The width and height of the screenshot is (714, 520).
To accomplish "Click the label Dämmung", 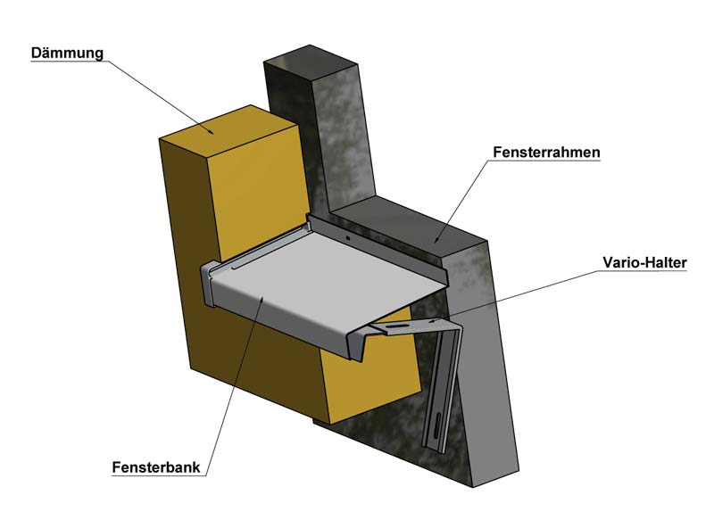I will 67,53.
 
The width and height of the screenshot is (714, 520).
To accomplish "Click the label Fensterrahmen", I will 545,153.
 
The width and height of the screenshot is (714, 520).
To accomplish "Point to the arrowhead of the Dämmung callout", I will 211,133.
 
